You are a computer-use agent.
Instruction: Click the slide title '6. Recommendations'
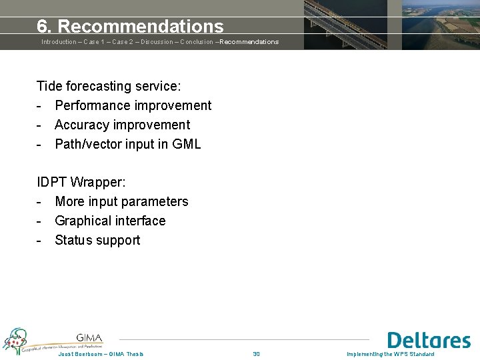coord(130,27)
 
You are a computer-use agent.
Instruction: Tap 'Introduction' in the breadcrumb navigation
coord(59,42)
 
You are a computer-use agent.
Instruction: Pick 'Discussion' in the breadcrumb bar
coord(158,42)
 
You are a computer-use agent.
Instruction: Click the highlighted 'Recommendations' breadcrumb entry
coord(249,42)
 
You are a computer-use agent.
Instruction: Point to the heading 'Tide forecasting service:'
coord(109,86)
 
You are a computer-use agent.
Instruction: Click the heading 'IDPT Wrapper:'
coord(81,182)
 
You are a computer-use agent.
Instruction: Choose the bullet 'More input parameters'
coord(121,201)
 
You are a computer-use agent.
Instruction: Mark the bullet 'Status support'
coord(97,240)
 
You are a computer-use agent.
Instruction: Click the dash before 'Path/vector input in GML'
coord(40,144)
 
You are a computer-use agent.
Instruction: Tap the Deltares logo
coord(429,340)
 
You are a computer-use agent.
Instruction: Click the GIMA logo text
coord(89,338)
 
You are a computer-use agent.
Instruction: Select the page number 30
coord(256,354)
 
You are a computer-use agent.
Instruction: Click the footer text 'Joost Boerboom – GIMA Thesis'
coord(101,354)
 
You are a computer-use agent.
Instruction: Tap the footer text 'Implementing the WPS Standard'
coord(390,354)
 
